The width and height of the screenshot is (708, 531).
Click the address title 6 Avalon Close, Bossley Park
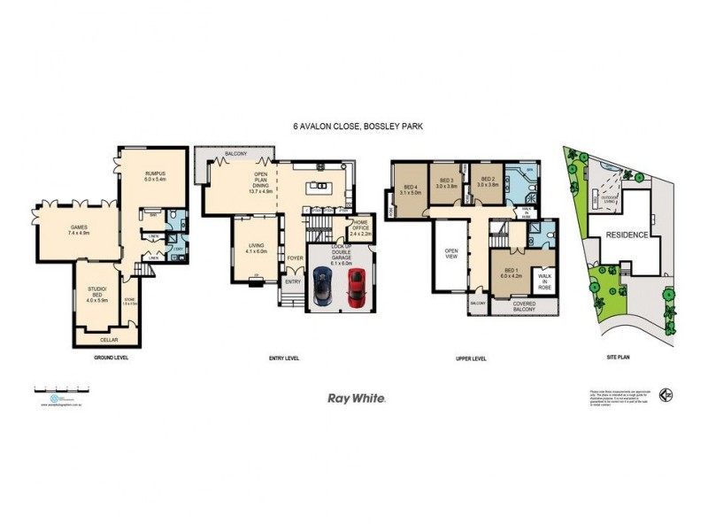pos(358,127)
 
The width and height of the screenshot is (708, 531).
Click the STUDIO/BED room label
pos(97,296)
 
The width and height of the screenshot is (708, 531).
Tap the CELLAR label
pos(108,339)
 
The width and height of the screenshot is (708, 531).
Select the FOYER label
pos(293,259)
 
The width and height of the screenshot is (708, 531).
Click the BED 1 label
pos(512,272)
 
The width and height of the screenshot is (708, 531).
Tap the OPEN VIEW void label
pos(450,253)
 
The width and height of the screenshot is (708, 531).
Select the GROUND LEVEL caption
pos(112,358)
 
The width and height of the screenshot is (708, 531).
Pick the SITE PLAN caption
pos(616,358)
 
